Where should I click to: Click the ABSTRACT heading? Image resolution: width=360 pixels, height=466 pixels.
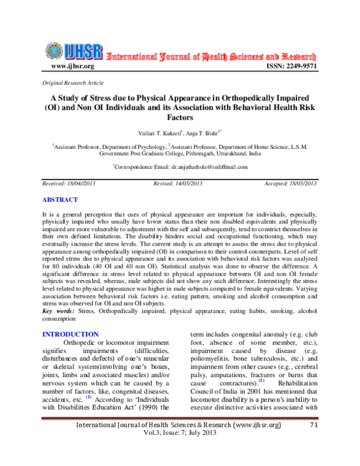coord(59,199)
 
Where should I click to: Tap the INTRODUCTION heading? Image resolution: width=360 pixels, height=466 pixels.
coord(70,334)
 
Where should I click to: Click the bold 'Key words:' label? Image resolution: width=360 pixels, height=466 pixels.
coord(58,312)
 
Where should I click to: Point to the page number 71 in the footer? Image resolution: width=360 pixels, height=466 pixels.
coord(313,443)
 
